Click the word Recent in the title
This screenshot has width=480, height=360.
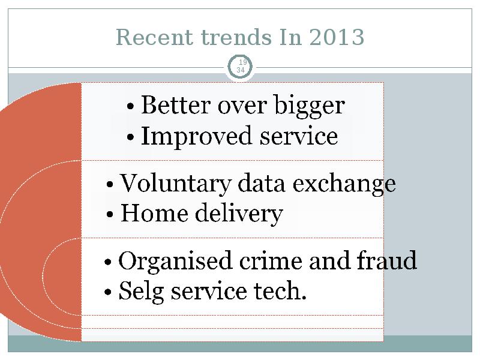tap(155, 37)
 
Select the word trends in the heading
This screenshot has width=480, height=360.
tap(236, 37)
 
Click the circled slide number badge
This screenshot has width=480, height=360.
tap(241, 67)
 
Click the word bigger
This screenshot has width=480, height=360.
tap(310, 106)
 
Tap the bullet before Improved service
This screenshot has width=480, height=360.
tap(130, 137)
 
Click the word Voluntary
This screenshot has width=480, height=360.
tap(175, 184)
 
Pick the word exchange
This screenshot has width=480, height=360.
tap(344, 184)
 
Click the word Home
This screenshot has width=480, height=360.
tap(154, 213)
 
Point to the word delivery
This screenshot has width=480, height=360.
tap(239, 214)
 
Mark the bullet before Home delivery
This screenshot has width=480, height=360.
tap(110, 214)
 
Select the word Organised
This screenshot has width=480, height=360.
tap(175, 261)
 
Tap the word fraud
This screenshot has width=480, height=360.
tap(386, 260)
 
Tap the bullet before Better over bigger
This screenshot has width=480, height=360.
tap(130, 107)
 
